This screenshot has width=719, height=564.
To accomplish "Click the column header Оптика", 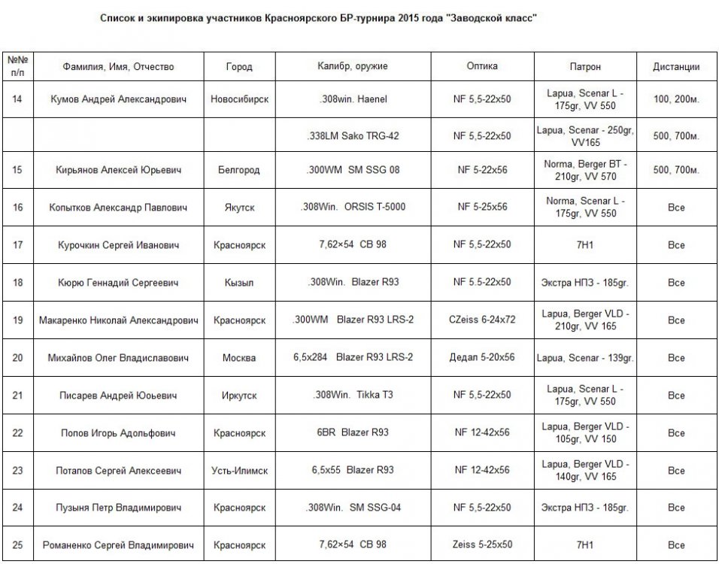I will tap(482, 66).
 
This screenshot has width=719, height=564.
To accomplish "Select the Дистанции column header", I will tap(676, 66).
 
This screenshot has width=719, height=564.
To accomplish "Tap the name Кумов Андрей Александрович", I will tap(118, 99).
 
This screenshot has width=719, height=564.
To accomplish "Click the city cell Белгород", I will tap(238, 170).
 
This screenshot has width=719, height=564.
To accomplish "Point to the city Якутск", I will tap(238, 207).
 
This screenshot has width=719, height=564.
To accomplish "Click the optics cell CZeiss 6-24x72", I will tap(482, 320).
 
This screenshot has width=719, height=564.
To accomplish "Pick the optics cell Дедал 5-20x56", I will tap(482, 357).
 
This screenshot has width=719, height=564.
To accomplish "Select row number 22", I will tap(17, 432).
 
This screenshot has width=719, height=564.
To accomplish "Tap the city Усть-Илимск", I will tap(238, 470).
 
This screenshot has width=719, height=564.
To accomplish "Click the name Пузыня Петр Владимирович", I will tap(118, 507).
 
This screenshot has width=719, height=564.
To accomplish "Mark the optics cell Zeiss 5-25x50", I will tap(482, 544).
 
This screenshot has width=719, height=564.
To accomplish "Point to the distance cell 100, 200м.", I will tap(676, 99).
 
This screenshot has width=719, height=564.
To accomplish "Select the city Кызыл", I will tap(238, 283).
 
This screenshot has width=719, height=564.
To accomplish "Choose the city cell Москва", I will tap(238, 357).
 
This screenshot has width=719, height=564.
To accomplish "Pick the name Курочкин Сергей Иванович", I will tap(118, 245).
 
